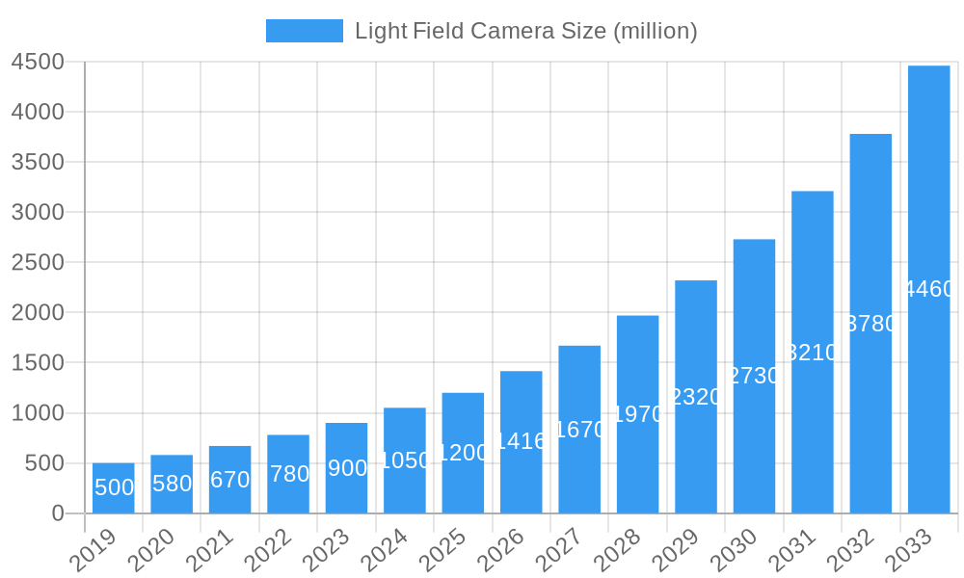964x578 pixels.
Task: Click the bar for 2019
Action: click(x=114, y=488)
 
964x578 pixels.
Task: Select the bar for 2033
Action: click(x=928, y=289)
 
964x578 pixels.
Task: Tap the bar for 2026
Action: click(x=522, y=442)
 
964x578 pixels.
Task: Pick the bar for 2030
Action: click(x=754, y=376)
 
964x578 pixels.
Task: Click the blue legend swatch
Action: click(x=304, y=31)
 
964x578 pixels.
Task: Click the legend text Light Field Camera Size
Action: click(x=525, y=31)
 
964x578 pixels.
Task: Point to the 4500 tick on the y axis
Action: click(x=38, y=62)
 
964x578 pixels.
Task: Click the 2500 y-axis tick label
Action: click(x=38, y=262)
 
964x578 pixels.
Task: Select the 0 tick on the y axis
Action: click(x=58, y=513)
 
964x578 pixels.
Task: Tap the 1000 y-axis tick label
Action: click(x=38, y=413)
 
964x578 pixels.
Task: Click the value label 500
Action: click(x=114, y=487)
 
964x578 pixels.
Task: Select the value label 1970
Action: click(x=638, y=414)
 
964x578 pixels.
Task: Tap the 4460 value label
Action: click(x=929, y=289)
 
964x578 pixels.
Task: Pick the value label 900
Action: click(x=347, y=468)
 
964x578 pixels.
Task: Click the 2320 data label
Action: click(x=696, y=397)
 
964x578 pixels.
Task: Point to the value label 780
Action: click(x=288, y=474)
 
